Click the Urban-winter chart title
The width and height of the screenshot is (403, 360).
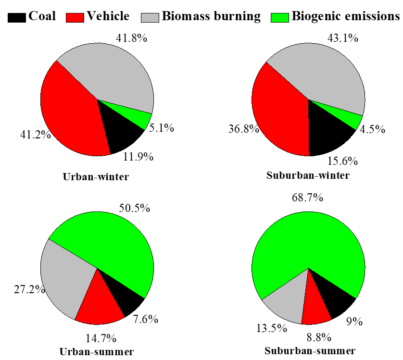coord(96,177)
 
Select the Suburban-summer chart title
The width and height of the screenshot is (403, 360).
coord(310,350)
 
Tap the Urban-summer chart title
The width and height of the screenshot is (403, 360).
coord(96,351)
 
